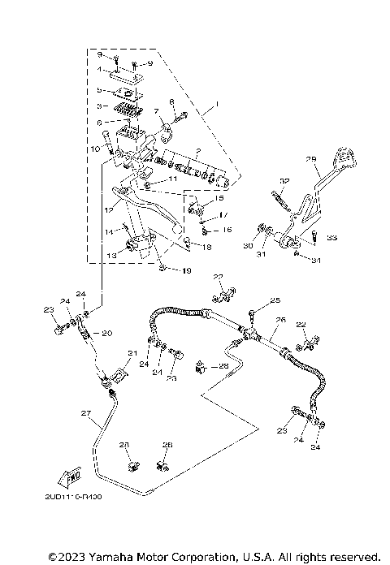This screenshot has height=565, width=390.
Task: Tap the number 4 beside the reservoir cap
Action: point(99,70)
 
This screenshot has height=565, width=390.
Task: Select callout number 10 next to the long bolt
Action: point(95,149)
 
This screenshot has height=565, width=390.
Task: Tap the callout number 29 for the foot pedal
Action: point(310,159)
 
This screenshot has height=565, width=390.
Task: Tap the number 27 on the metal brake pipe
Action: point(84,414)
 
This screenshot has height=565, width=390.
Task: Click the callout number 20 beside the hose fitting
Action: point(107,333)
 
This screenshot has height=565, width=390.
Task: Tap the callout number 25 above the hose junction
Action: point(275,300)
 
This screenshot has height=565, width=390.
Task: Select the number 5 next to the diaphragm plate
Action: point(99,90)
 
